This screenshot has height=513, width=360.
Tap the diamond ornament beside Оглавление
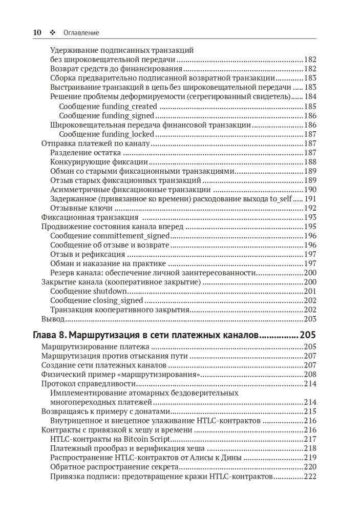(52, 32)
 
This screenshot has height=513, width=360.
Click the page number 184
(310, 97)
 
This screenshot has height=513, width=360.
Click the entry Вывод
(52, 319)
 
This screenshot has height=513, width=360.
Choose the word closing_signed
(123, 300)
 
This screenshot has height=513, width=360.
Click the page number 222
(310, 476)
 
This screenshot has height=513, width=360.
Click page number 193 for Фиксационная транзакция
(310, 217)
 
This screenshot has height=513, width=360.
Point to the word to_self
(282, 199)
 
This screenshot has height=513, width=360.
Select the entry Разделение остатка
(86, 153)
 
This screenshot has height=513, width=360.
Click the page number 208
(310, 375)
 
